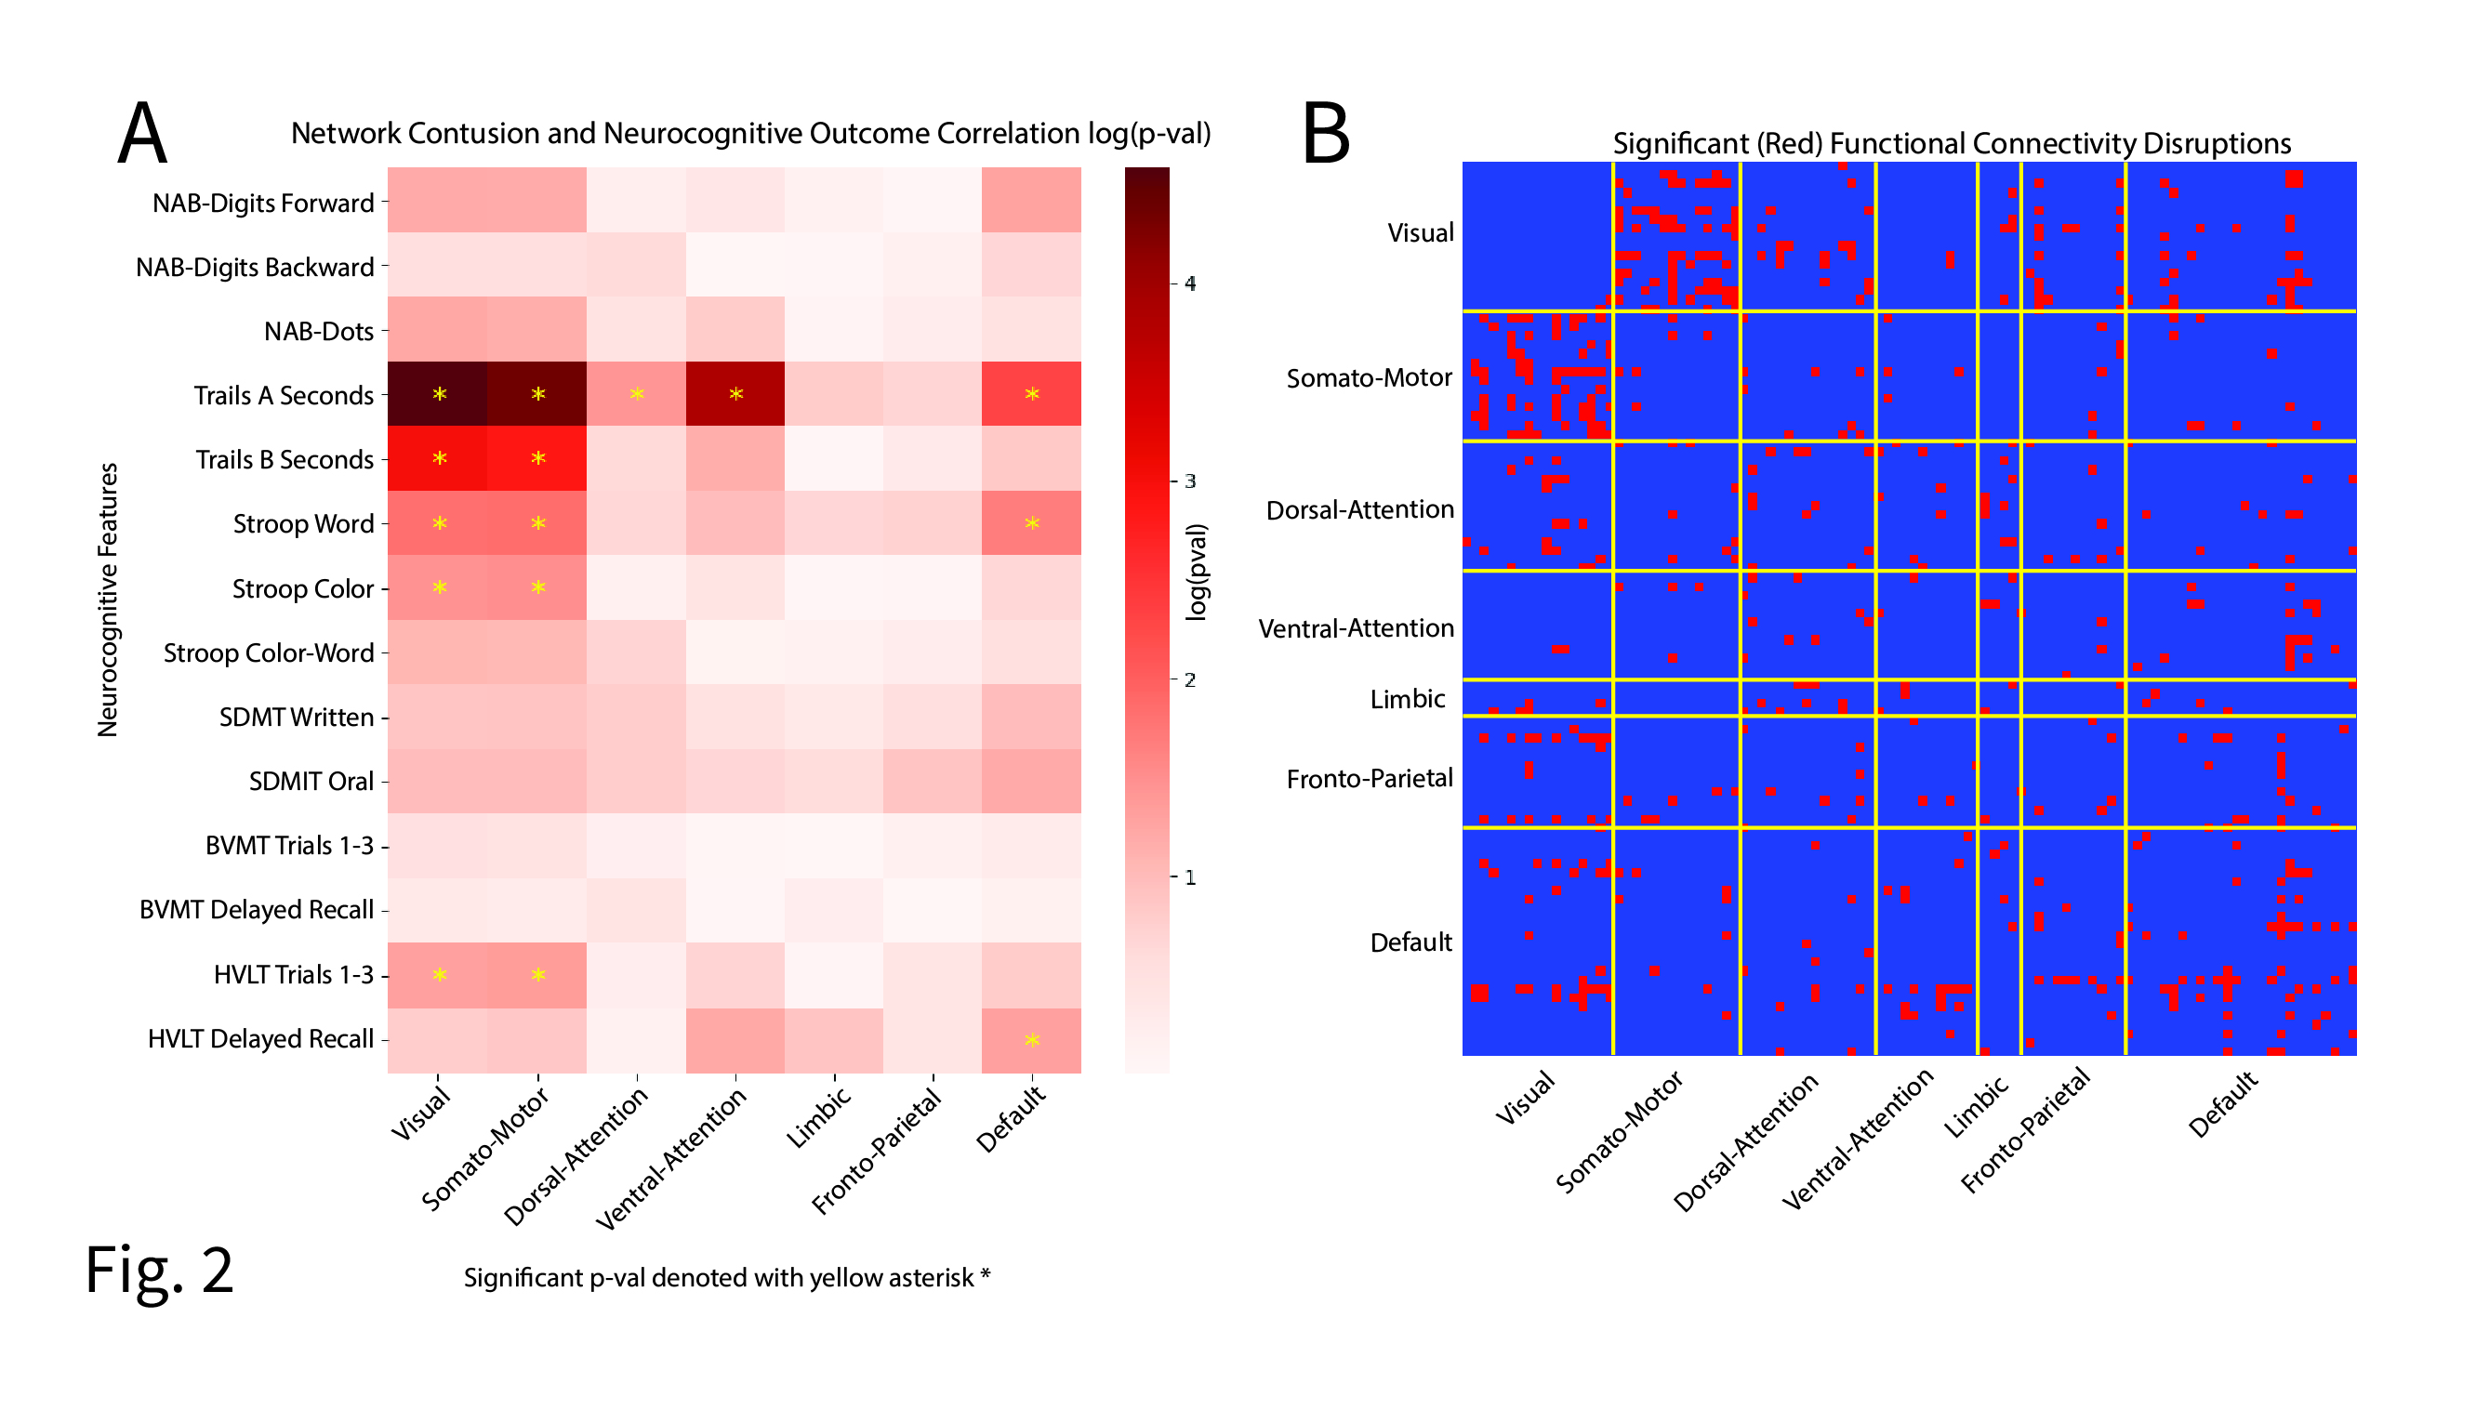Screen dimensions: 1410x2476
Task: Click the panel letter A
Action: coord(142,134)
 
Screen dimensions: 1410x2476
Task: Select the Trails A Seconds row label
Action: coord(283,395)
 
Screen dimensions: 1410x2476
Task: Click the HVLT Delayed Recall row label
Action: coord(259,1038)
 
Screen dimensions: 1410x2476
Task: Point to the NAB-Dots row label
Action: coord(318,331)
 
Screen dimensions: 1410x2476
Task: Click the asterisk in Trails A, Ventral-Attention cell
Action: coord(736,394)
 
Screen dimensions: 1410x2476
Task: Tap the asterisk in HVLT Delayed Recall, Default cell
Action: coord(1032,1040)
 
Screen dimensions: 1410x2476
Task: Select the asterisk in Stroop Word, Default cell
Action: coord(1032,524)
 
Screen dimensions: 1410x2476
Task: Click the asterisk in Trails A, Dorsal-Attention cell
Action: coord(637,394)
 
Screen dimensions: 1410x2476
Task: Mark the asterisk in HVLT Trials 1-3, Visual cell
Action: coord(440,975)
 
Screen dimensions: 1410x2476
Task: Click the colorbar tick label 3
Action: coord(1190,481)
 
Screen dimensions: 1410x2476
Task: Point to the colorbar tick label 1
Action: coord(1190,877)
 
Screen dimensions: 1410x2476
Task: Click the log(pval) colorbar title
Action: coord(1198,572)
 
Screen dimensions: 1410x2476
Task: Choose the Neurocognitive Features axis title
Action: coord(108,600)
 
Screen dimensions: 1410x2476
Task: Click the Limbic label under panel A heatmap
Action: coord(818,1116)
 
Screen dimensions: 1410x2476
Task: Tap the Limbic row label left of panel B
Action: coord(1407,698)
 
